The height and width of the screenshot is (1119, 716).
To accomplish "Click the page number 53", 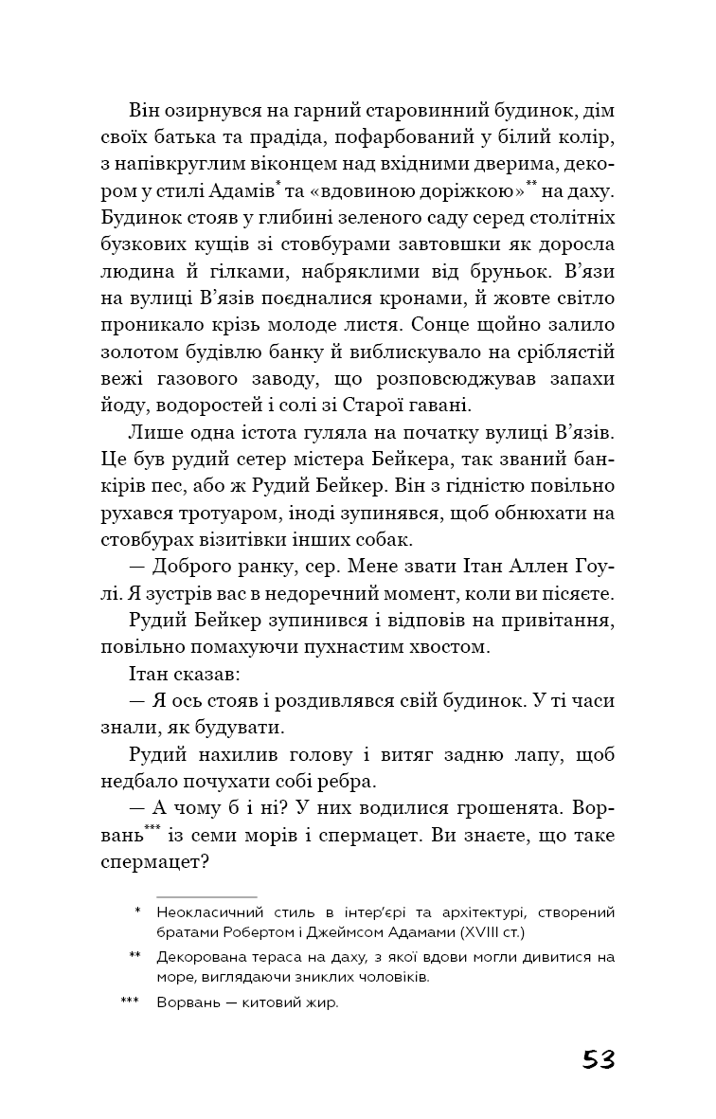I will tap(599, 1058).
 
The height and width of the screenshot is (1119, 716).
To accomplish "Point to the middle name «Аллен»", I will tap(492, 567).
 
